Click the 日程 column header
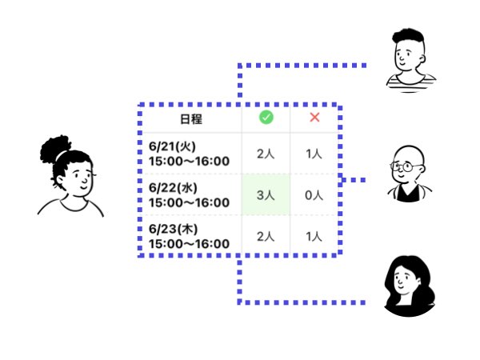(x=191, y=120)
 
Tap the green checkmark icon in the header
(x=266, y=118)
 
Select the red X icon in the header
(x=314, y=118)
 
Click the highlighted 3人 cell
(x=266, y=194)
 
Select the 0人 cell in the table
(x=314, y=194)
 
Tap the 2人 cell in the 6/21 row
(x=266, y=154)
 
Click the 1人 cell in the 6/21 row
(x=314, y=154)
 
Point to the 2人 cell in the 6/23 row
(x=266, y=236)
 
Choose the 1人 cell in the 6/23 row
(x=314, y=236)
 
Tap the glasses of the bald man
(x=405, y=168)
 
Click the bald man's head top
(x=406, y=152)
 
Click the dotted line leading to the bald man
(x=353, y=181)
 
